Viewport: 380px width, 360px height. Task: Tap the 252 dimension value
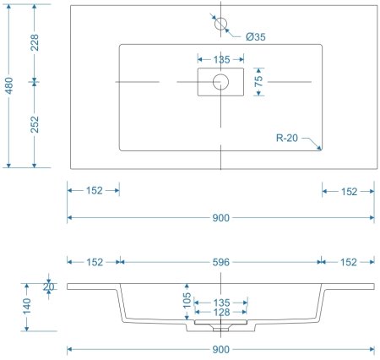pos(35,124)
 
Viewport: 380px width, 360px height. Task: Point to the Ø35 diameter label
pos(256,36)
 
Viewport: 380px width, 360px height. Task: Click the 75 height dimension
pos(260,82)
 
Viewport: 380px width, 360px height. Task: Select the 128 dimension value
pos(220,313)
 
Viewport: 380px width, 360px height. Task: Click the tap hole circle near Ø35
pos(220,24)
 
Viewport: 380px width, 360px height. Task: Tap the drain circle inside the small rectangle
pos(220,82)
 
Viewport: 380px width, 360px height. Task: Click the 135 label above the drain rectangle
pos(220,59)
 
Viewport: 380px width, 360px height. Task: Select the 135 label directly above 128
pos(220,301)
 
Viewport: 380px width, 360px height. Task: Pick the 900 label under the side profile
pos(220,348)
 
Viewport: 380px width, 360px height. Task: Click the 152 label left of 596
pos(94,262)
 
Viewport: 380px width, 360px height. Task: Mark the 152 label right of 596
pos(348,262)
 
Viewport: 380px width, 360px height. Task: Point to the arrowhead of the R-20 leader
pos(321,150)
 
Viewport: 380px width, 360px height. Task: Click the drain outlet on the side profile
pos(220,322)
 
